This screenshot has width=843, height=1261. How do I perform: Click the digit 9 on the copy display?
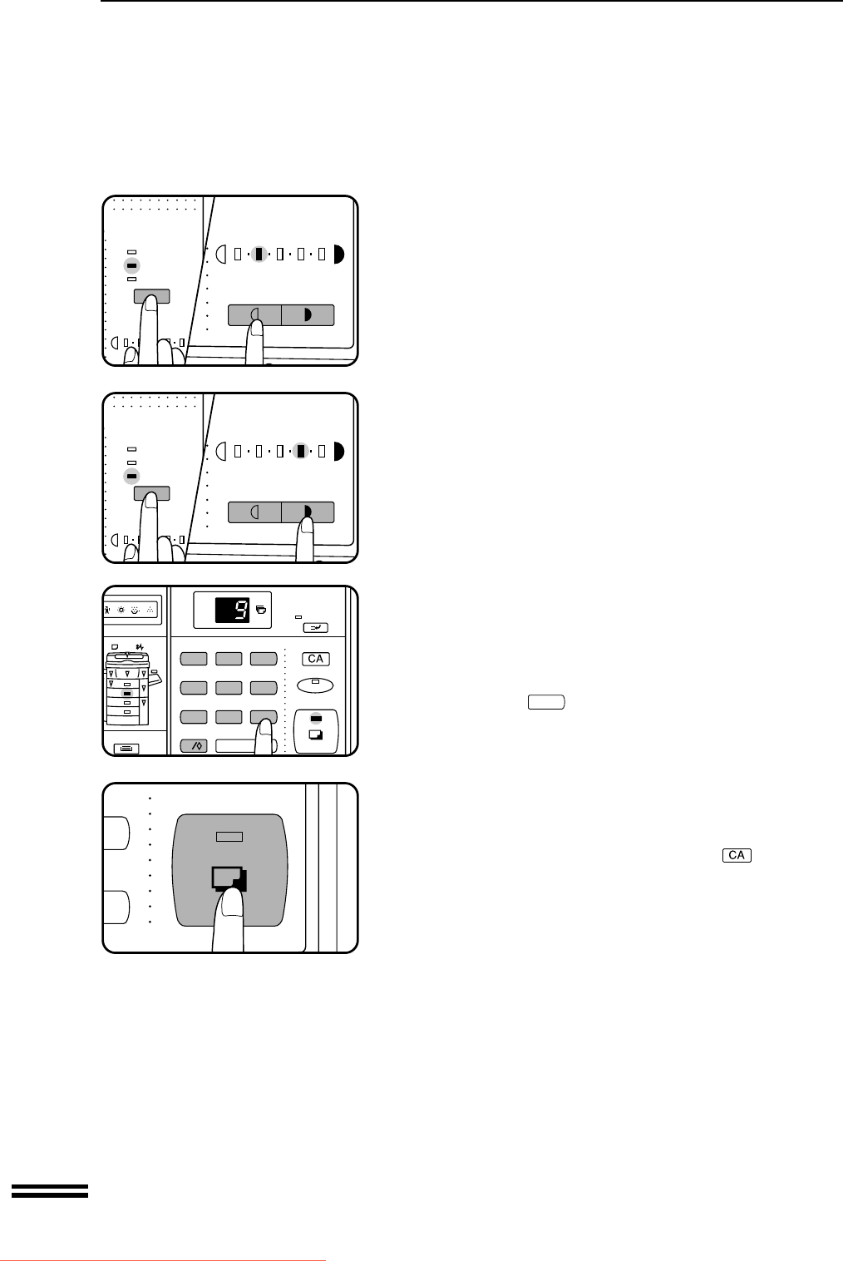(241, 610)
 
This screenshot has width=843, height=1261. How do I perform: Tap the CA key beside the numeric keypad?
(316, 659)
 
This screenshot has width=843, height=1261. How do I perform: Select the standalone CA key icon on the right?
(737, 855)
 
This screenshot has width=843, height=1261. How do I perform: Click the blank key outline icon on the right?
(546, 702)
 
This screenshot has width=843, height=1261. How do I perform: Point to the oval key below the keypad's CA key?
(315, 685)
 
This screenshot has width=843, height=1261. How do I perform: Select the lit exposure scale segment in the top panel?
(259, 255)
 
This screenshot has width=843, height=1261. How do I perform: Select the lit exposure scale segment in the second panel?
(301, 451)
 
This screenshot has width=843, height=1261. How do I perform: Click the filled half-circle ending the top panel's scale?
(338, 255)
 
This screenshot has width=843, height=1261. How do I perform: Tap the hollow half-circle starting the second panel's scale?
(221, 451)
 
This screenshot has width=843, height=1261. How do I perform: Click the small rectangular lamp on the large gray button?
(229, 837)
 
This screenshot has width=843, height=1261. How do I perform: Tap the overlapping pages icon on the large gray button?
(229, 878)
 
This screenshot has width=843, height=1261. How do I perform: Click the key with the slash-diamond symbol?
(194, 746)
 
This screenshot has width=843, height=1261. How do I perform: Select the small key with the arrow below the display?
(315, 628)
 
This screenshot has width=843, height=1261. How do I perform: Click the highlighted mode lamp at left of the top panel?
(131, 265)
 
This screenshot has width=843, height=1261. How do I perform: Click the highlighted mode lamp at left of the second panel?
(131, 477)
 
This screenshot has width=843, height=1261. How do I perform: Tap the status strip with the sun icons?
(131, 610)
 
